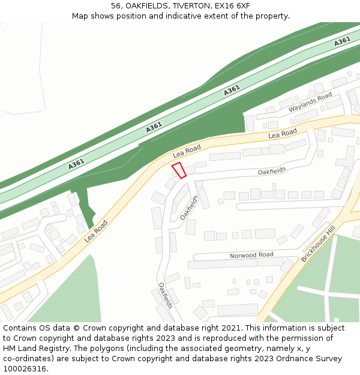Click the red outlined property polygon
(x=179, y=170)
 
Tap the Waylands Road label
(x=310, y=102)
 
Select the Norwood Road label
(x=251, y=256)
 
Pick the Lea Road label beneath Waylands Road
(x=283, y=134)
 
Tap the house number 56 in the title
(x=116, y=6)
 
